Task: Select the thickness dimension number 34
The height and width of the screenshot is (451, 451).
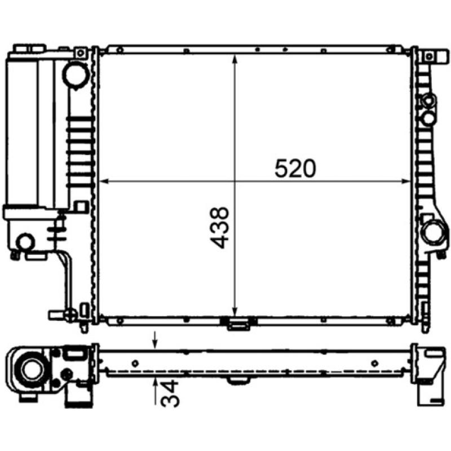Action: [170, 394]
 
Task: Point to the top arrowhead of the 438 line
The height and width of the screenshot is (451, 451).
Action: [235, 57]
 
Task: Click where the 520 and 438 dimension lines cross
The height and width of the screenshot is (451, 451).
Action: [235, 181]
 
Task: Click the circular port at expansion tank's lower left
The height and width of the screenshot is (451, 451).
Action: [25, 243]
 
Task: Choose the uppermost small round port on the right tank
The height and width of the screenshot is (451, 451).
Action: [429, 101]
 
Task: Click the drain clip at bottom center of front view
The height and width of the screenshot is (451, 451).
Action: [237, 324]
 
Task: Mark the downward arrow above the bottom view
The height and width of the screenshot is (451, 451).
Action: [156, 341]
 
